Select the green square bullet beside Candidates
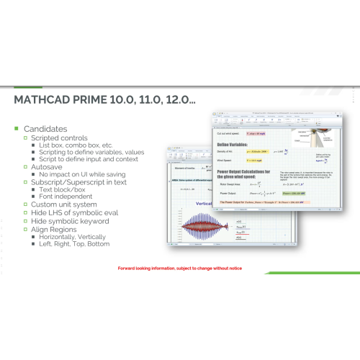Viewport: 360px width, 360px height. (16, 128)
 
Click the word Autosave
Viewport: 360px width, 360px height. (50, 166)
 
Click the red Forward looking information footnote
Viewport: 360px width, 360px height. (179, 268)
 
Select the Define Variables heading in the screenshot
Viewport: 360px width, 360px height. (237, 145)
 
